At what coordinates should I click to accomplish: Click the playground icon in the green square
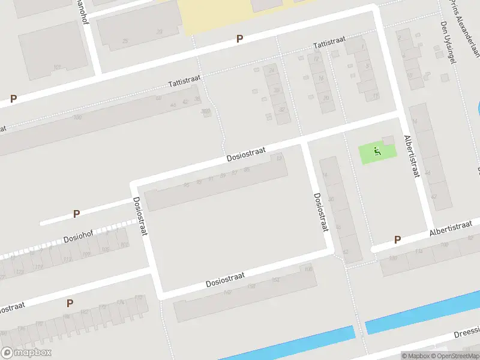click(x=377, y=151)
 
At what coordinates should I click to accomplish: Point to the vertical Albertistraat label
click(x=411, y=156)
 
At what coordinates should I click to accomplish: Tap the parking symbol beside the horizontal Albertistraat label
click(x=397, y=240)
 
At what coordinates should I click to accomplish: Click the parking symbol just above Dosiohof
click(x=76, y=214)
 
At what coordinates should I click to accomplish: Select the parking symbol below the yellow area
click(x=239, y=39)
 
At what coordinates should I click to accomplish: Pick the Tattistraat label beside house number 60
click(x=184, y=80)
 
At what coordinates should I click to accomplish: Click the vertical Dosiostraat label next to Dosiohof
click(x=140, y=216)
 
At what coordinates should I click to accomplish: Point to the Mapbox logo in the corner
click(x=26, y=352)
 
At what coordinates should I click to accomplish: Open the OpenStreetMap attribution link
click(x=455, y=355)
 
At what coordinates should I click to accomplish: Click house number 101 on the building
click(x=57, y=67)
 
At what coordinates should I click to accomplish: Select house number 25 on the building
click(x=125, y=41)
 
